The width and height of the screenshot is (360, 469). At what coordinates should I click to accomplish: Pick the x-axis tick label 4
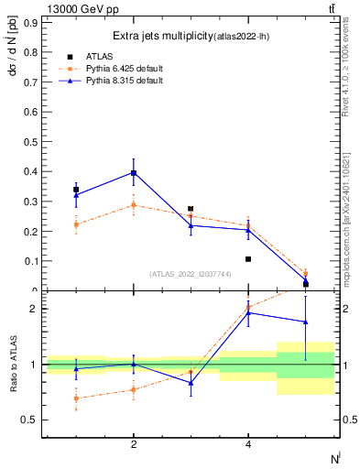tap(248, 444)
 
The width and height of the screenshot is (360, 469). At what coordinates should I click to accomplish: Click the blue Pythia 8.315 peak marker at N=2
tap(134, 172)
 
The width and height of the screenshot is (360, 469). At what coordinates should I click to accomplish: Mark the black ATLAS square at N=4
tap(248, 259)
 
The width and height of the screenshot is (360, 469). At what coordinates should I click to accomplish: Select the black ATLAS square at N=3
tap(191, 209)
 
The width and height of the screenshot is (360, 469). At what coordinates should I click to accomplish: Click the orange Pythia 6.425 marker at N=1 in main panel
tap(76, 224)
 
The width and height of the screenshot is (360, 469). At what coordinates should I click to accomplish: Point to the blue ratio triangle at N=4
tap(248, 313)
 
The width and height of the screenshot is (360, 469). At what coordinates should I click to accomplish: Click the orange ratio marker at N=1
tap(76, 398)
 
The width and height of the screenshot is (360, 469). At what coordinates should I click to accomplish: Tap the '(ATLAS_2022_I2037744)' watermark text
tap(191, 274)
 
